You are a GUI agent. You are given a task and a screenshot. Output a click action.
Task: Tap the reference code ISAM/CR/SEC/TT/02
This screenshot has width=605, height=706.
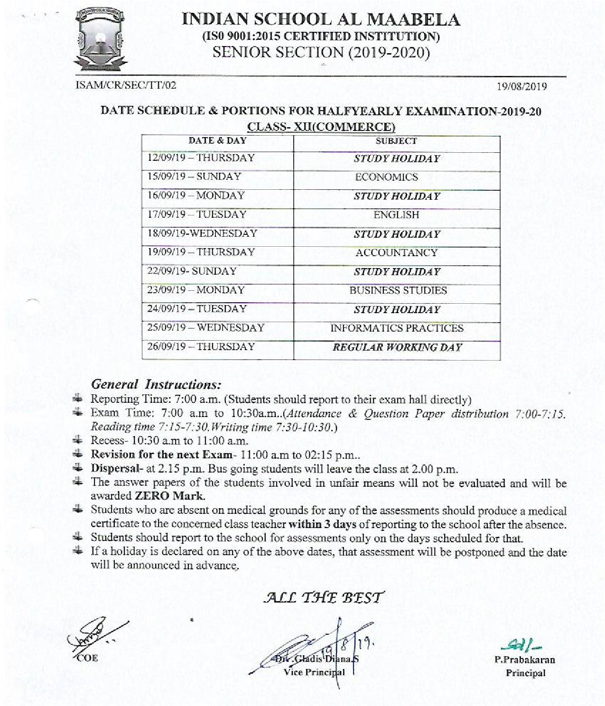tap(126, 85)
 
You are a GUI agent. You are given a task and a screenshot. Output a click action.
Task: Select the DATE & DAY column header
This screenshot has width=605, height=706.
tap(217, 141)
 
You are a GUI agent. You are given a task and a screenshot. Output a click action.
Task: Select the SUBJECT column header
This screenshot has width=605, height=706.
tap(396, 141)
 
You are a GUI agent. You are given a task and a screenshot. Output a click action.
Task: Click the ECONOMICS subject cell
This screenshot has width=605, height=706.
tap(387, 177)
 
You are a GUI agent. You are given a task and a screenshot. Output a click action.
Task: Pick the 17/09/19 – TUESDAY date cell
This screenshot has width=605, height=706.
tap(197, 214)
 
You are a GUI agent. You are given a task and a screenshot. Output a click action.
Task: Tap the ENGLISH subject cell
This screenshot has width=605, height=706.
tap(396, 215)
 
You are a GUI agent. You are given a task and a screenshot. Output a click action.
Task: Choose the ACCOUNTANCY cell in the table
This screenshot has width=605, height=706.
tap(396, 252)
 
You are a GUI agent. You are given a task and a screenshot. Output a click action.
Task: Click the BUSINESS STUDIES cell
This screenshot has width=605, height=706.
tap(398, 290)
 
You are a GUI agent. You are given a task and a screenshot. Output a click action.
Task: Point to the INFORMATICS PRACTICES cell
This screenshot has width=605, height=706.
tap(397, 328)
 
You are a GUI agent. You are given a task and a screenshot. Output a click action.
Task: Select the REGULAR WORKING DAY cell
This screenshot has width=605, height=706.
tap(397, 347)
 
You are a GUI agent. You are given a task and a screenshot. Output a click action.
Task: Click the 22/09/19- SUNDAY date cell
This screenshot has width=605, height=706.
tap(192, 271)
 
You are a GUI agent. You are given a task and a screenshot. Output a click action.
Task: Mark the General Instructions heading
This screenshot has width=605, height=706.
tap(156, 384)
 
